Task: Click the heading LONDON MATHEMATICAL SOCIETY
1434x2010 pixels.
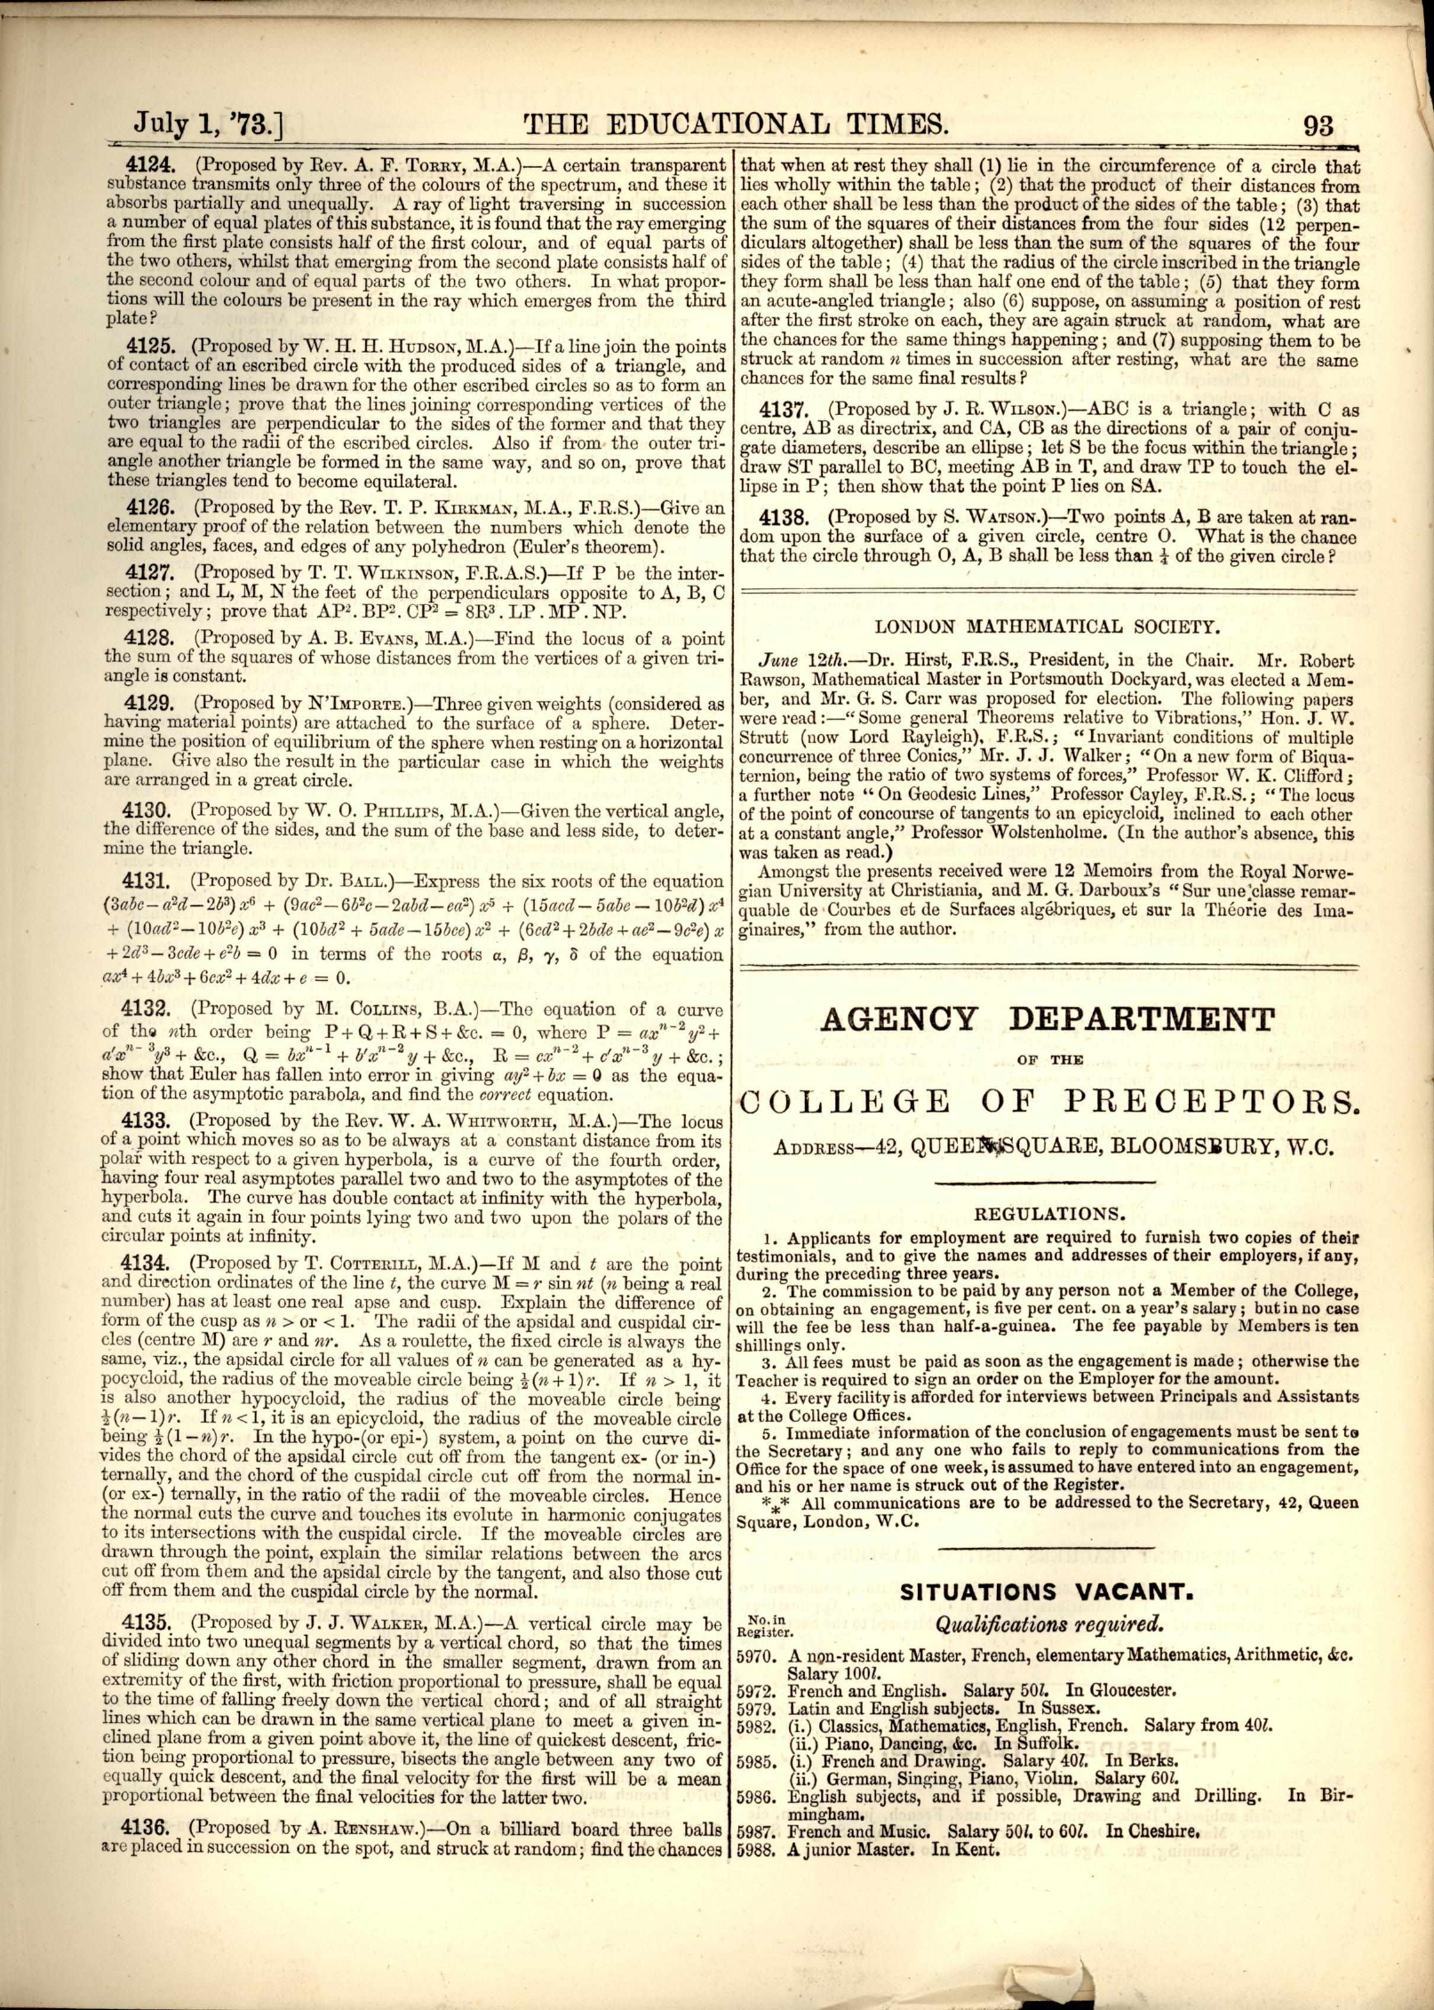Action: click(x=1045, y=626)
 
